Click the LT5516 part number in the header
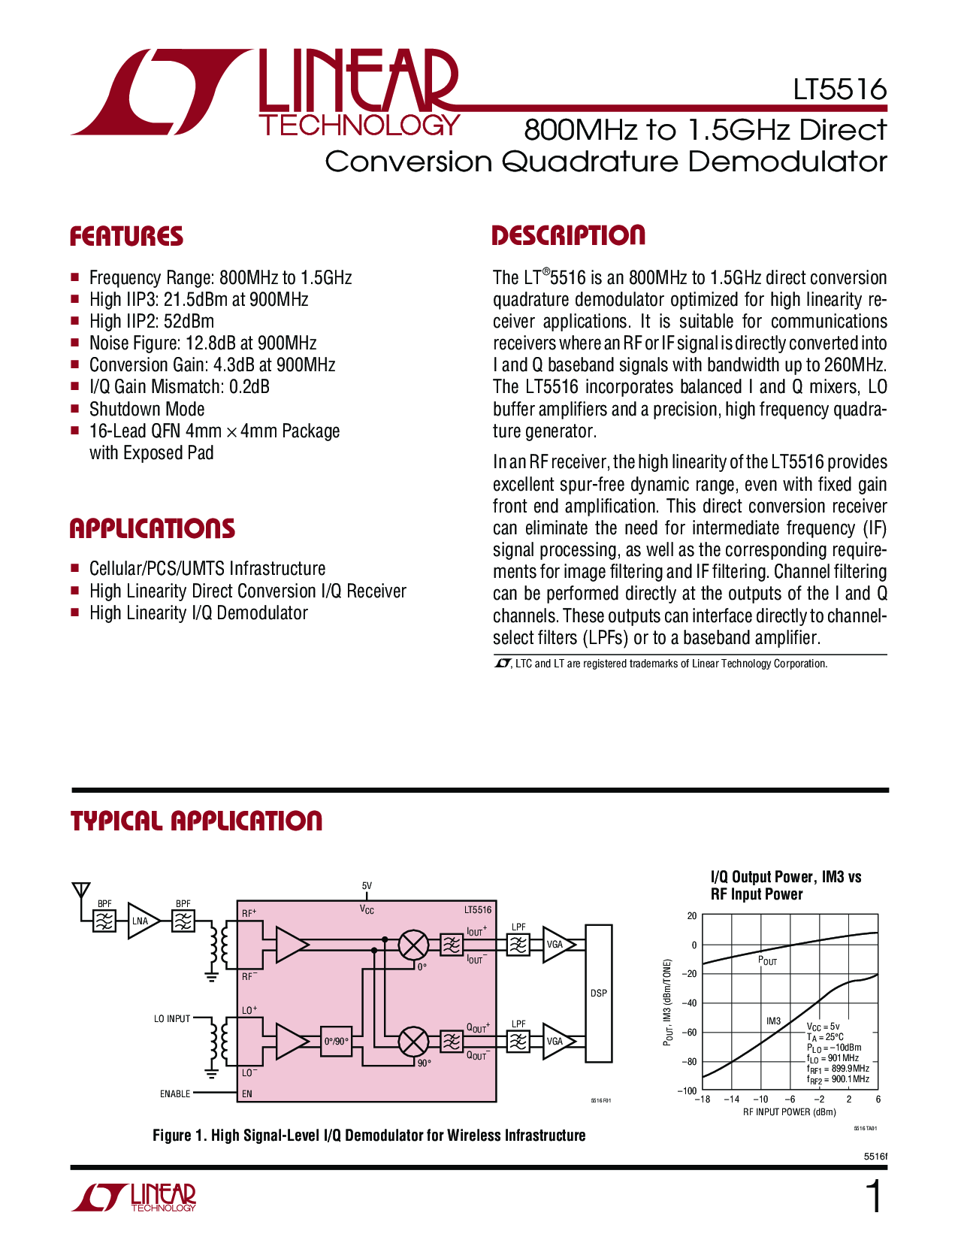pyautogui.click(x=840, y=89)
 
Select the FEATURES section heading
pyautogui.click(x=126, y=237)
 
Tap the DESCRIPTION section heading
pyautogui.click(x=568, y=235)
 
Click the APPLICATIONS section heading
pyautogui.click(x=152, y=529)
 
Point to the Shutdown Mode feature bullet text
pyautogui.click(x=147, y=410)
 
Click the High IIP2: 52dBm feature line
pyautogui.click(x=151, y=322)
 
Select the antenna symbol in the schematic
pyautogui.click(x=80, y=891)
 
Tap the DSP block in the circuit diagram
pyautogui.click(x=598, y=993)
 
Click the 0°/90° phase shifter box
pyautogui.click(x=336, y=1042)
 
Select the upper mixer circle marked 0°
pyautogui.click(x=413, y=945)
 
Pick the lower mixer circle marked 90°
pyautogui.click(x=413, y=1042)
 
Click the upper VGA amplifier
pyautogui.click(x=557, y=945)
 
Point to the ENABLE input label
pyautogui.click(x=174, y=1094)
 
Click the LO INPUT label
pyautogui.click(x=172, y=1019)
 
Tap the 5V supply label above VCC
pyautogui.click(x=367, y=886)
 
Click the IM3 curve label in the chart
pyautogui.click(x=773, y=1021)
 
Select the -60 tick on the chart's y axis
pyautogui.click(x=688, y=1033)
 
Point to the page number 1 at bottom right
pyautogui.click(x=874, y=1197)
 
